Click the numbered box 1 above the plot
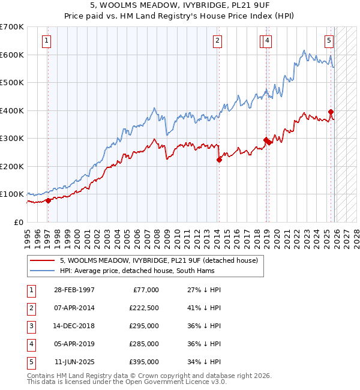47,41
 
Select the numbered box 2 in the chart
217,41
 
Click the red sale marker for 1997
48,200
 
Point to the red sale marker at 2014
219,160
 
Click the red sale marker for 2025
331,112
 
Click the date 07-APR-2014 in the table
74,308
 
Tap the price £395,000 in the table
144,362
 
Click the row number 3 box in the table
31,326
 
